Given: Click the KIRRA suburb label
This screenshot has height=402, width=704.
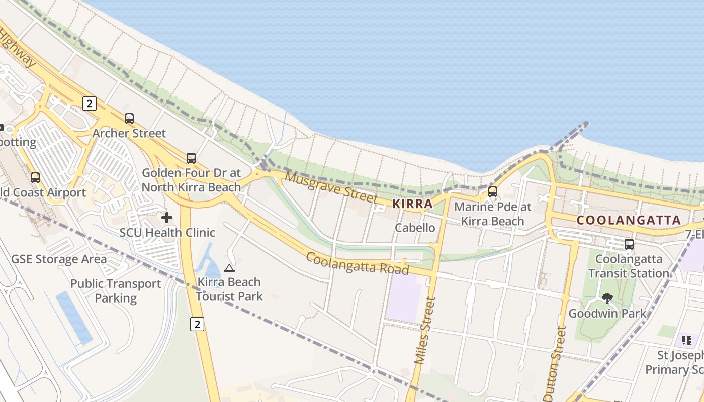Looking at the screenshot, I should pos(412,204).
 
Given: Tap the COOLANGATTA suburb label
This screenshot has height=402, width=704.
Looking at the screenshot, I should pos(629,220).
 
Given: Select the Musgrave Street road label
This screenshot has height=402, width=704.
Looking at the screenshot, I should pos(331,187).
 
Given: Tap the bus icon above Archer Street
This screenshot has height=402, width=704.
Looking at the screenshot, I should pos(129,119).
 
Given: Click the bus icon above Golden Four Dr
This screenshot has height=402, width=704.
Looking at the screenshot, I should pos(191,158).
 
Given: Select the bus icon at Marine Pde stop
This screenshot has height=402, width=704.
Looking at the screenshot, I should pos(493,192).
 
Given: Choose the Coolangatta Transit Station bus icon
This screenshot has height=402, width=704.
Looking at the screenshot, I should pos(629,244).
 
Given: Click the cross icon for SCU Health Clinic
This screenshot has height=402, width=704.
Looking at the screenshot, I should pos(167,218).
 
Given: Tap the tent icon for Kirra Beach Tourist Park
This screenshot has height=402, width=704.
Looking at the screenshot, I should pos(229,268).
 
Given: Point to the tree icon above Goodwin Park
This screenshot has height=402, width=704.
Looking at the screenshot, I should pos(607,298).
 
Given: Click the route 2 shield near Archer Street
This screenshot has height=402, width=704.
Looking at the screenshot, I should pos(89,104).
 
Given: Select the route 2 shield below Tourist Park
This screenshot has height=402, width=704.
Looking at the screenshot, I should pos(197,324).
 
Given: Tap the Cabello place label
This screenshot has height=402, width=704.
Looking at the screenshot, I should pos(415,227).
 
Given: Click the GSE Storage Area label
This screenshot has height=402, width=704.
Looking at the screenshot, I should pos(59,259).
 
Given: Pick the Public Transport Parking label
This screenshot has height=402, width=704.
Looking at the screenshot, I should pos(116,290).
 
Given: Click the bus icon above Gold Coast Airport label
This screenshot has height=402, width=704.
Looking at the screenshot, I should pos(35,178).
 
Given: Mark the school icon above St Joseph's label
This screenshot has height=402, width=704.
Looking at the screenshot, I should pos(687,340).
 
